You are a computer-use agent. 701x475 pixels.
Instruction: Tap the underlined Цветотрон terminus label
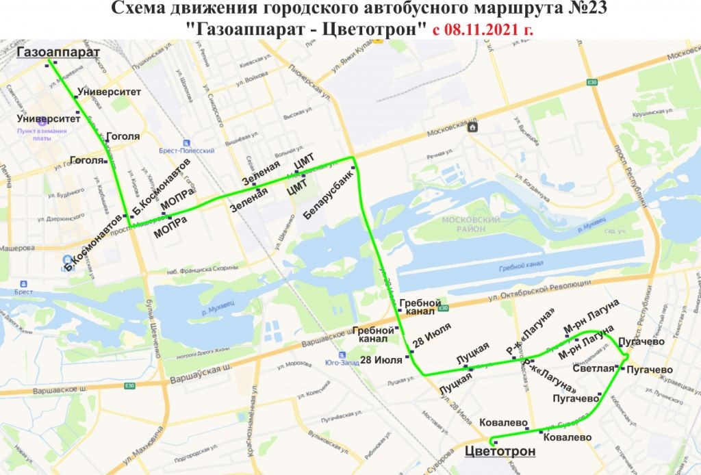click(499, 451)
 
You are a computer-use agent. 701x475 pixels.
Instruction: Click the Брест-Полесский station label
click(195, 150)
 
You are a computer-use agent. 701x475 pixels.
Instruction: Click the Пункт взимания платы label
click(42, 133)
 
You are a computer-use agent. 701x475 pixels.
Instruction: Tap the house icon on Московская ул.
click(472, 127)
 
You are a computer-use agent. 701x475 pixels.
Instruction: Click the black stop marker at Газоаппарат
click(49, 66)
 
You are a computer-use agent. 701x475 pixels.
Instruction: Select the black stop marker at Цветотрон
click(494, 441)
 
